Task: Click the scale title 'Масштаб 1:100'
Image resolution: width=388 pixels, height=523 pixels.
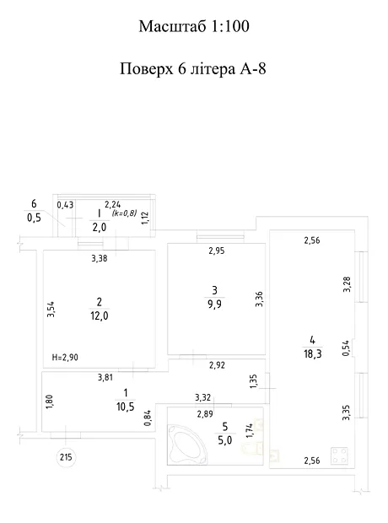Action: pyautogui.click(x=194, y=26)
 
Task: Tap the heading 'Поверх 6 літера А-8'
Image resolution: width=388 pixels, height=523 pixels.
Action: pyautogui.click(x=193, y=69)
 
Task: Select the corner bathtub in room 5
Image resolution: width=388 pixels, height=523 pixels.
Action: pyautogui.click(x=187, y=444)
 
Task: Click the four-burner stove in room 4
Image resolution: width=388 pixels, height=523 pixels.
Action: pyautogui.click(x=339, y=456)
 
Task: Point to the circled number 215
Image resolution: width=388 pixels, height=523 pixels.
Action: pyautogui.click(x=66, y=457)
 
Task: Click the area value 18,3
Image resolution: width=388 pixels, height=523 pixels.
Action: pyautogui.click(x=313, y=354)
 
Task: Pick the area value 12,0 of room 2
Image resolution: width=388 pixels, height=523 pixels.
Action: pyautogui.click(x=99, y=315)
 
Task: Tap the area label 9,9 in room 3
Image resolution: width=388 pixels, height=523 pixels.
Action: pyautogui.click(x=214, y=305)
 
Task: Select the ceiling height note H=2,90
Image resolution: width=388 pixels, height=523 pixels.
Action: pyautogui.click(x=65, y=358)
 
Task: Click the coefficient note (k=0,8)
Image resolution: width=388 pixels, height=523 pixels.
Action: pyautogui.click(x=125, y=213)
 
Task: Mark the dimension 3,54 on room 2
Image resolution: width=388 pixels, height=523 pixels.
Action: pyautogui.click(x=51, y=309)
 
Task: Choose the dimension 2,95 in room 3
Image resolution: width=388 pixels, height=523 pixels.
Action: pyautogui.click(x=217, y=251)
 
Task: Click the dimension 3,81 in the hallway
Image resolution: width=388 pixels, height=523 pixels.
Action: pyautogui.click(x=105, y=378)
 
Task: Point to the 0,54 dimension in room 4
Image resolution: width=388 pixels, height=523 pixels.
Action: pyautogui.click(x=346, y=348)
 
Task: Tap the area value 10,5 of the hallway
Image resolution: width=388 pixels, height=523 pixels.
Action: pyautogui.click(x=126, y=407)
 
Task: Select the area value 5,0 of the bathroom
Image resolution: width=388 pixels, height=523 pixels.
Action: pyautogui.click(x=225, y=440)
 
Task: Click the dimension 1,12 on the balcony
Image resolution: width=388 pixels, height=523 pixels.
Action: pyautogui.click(x=145, y=218)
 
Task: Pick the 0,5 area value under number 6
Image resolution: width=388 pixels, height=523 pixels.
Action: pyautogui.click(x=34, y=218)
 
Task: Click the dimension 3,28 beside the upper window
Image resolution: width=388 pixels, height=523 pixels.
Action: pyautogui.click(x=348, y=284)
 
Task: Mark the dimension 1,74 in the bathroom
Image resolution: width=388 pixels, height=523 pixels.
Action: pyautogui.click(x=250, y=430)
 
